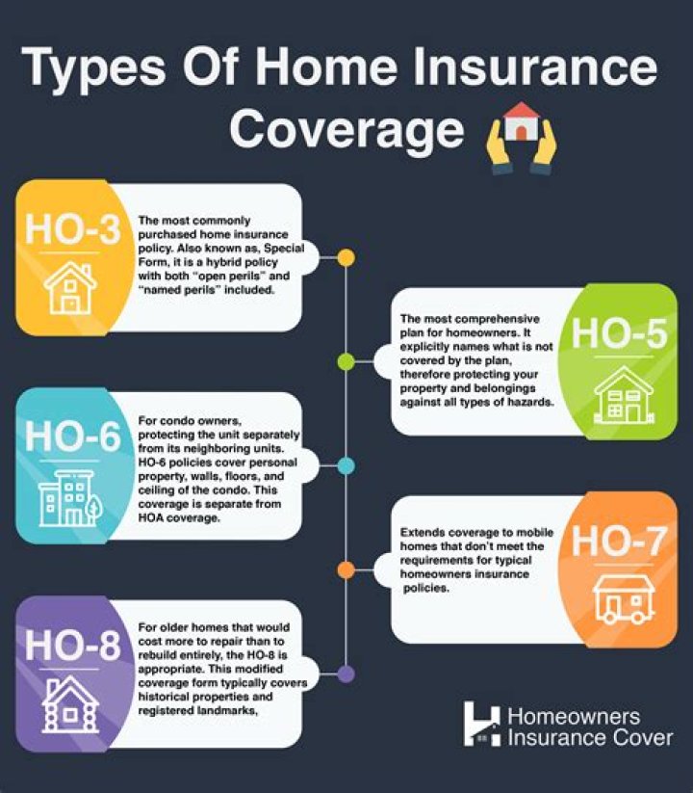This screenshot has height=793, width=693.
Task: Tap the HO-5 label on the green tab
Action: click(x=619, y=332)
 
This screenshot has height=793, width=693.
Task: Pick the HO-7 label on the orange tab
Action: click(x=619, y=542)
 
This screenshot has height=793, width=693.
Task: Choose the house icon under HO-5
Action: click(x=624, y=394)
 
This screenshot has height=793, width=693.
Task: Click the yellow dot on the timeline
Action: click(x=346, y=258)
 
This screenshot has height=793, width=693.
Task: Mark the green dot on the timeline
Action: click(x=346, y=361)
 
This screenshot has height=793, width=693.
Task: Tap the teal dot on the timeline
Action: click(x=346, y=466)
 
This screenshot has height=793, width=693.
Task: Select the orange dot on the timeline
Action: click(x=346, y=569)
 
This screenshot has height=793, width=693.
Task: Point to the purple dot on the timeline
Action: click(x=346, y=674)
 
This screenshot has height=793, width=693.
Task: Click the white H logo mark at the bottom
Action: click(x=481, y=724)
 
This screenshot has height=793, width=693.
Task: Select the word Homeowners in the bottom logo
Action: click(x=573, y=717)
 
